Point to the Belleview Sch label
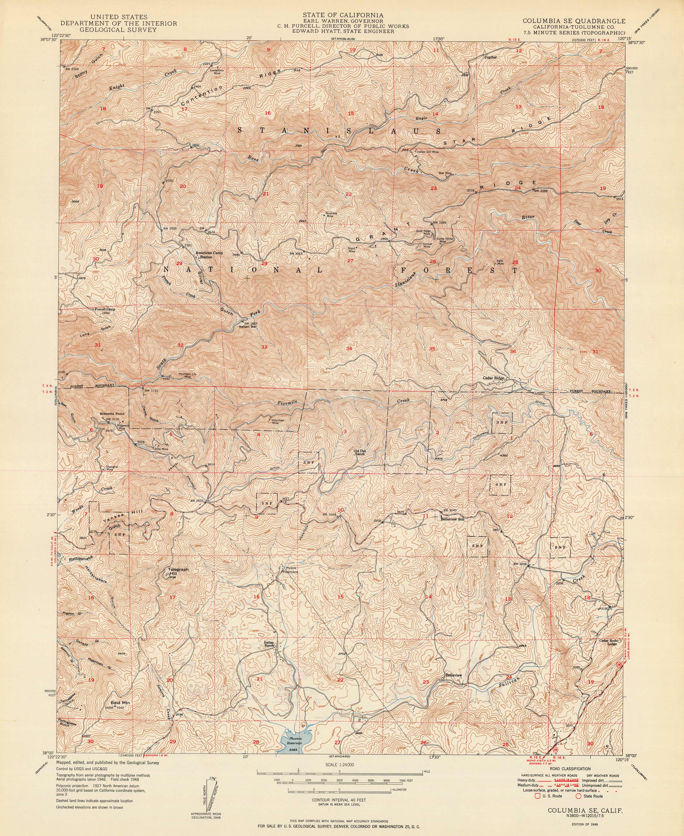point(453,519)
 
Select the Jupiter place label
point(490,57)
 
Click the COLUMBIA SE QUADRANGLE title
point(573,21)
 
